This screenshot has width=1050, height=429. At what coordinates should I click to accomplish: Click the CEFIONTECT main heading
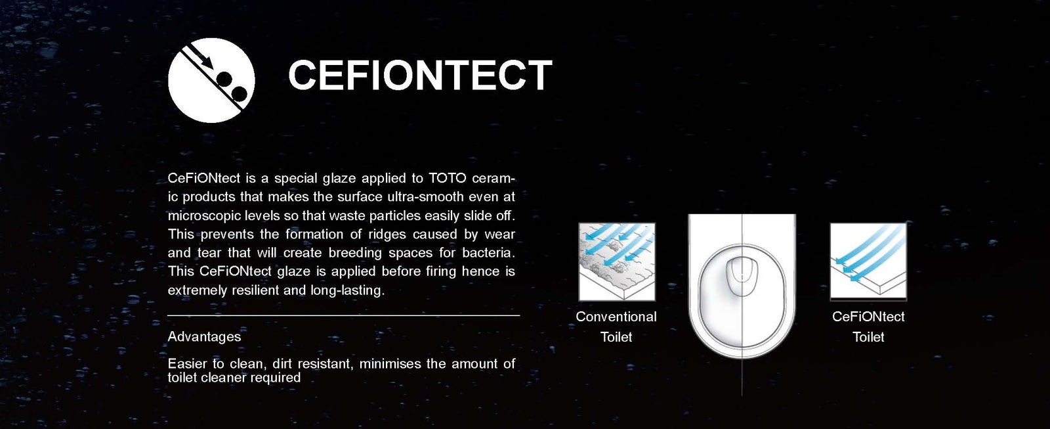click(420, 74)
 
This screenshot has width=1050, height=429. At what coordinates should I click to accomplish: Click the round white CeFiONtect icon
click(211, 80)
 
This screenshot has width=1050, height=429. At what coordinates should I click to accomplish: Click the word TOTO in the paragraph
click(447, 178)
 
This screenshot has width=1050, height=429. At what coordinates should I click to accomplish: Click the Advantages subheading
click(204, 336)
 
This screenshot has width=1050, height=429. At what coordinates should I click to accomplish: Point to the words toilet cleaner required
click(234, 378)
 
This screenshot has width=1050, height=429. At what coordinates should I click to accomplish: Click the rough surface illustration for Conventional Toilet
click(617, 262)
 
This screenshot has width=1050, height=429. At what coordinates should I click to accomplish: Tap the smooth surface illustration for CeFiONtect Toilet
click(868, 261)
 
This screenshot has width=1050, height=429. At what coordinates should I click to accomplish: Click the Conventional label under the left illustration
click(616, 317)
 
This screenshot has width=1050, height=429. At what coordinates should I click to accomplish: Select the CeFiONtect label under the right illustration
click(868, 317)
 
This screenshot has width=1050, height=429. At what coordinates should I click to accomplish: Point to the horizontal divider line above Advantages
click(344, 316)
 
